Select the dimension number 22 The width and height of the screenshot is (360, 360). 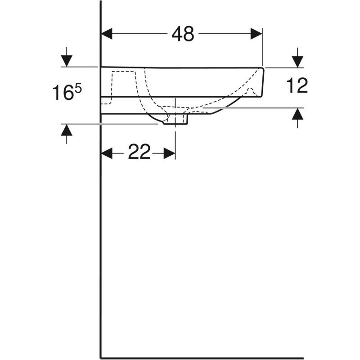139,153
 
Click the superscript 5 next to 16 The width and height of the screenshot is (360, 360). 78,89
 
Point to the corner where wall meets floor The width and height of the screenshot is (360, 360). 100,359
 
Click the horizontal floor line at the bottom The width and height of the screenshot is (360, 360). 225,359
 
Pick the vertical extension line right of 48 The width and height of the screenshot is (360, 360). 262,45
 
